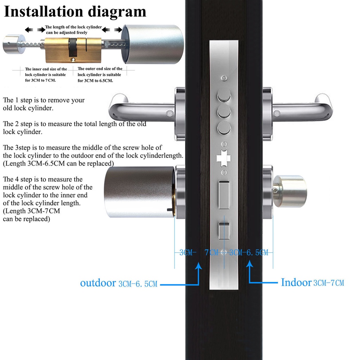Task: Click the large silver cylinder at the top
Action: (153, 44)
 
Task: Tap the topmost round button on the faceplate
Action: (224, 95)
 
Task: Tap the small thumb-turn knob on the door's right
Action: (291, 191)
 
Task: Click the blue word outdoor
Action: (98, 283)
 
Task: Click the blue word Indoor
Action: (296, 282)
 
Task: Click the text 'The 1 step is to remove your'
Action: (44, 100)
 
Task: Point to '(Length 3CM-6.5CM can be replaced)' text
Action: (58, 163)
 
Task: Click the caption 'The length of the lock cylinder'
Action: (73, 27)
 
